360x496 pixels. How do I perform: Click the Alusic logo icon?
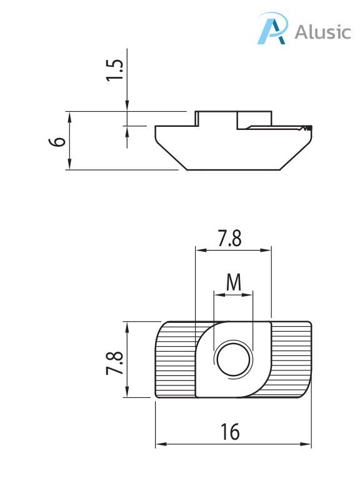[x=273, y=29]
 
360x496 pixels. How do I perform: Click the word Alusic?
[x=322, y=31]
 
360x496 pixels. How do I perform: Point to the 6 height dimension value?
[x=57, y=141]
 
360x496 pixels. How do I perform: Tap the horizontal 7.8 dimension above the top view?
[x=229, y=239]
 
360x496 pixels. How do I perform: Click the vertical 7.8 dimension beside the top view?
[x=114, y=363]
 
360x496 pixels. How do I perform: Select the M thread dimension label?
[x=233, y=283]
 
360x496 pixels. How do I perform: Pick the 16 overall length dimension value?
[x=230, y=432]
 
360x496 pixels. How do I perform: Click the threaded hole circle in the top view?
[x=233, y=360]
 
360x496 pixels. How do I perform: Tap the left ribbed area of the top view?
[x=175, y=359]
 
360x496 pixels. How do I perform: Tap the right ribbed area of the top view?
[x=291, y=359]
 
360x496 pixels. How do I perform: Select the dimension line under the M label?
[x=234, y=294]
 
